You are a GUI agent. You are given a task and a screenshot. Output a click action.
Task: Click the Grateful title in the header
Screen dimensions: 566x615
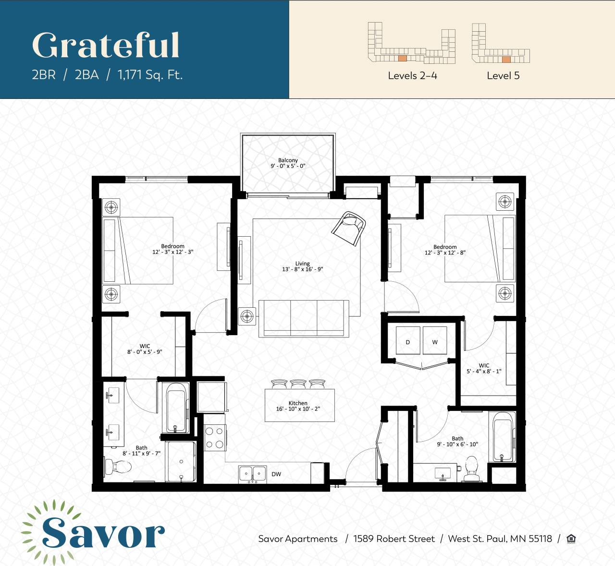[x=106, y=46]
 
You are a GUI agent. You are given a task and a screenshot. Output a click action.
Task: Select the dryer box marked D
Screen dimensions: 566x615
[x=408, y=341]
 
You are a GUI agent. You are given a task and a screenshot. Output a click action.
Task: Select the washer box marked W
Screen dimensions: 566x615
[x=435, y=341]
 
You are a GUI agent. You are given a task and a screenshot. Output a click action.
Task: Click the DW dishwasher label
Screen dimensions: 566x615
[x=276, y=474]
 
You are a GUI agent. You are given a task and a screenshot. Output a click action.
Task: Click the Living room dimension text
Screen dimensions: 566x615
[x=302, y=269]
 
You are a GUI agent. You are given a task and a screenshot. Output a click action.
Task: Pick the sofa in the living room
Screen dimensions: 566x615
[x=304, y=318]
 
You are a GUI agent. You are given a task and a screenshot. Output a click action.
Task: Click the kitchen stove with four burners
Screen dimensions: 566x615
[x=214, y=437]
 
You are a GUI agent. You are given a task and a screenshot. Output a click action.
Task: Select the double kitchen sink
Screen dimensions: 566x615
[x=253, y=474]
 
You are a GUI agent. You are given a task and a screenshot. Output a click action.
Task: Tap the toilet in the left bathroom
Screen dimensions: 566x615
[x=118, y=466]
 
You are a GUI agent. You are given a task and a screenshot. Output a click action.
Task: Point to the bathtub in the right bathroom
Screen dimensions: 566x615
[x=502, y=436]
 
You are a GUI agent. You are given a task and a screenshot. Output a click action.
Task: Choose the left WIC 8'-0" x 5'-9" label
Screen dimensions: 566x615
[x=145, y=349]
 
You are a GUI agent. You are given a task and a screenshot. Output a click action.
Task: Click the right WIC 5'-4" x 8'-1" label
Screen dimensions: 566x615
[x=484, y=368]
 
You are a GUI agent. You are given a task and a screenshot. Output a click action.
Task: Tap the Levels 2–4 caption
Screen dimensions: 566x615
[x=412, y=75]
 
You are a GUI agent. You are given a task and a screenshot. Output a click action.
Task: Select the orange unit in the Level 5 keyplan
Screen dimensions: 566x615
[x=506, y=60]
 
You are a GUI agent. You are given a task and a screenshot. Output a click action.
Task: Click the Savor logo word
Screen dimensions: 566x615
[x=103, y=533]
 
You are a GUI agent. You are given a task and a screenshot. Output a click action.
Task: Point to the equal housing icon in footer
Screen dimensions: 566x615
[x=571, y=539]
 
